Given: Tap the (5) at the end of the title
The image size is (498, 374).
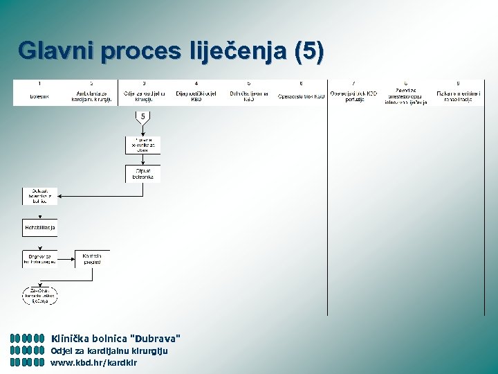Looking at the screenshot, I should coord(308,51).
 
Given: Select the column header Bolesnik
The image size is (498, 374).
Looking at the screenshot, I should coord(39,96).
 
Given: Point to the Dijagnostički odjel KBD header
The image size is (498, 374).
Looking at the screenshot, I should coord(196,96).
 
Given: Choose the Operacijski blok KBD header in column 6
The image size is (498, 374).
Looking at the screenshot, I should coord(301,96).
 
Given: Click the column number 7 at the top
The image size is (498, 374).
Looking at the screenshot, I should coord(353,83).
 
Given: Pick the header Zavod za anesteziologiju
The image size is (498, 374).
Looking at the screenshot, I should coord(406,96).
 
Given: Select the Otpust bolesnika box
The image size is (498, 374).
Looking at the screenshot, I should coord(143,174).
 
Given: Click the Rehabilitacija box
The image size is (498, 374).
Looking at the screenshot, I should coord(39,227).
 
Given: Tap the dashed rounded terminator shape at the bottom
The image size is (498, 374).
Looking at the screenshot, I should coord(39,295).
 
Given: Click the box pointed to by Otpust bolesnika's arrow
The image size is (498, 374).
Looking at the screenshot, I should coord(39,196).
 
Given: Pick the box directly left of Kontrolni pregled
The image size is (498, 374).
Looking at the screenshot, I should coord(39,258).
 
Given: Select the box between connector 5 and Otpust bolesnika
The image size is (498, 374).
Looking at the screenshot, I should coord(143,145).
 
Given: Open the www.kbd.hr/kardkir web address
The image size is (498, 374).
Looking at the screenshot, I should coord(94,362).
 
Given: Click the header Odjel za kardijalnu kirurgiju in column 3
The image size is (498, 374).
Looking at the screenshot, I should coord(143,96).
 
